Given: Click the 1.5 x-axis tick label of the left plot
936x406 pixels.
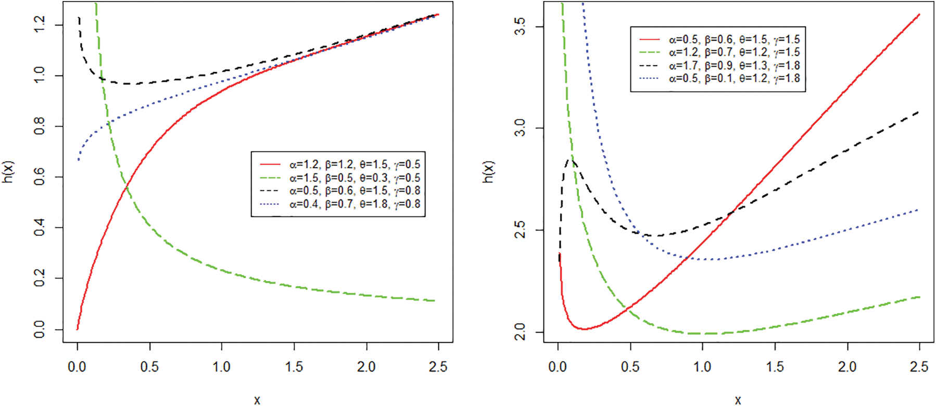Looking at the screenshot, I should tap(294, 367).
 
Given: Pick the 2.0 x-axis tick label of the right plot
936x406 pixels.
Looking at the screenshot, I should tap(847, 367).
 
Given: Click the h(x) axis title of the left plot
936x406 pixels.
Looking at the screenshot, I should tap(9, 172).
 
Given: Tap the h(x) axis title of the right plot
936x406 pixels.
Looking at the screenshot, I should tap(489, 172).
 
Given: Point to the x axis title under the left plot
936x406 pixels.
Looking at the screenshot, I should tap(257, 399).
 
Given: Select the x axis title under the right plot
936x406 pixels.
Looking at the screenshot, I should tap(738, 399).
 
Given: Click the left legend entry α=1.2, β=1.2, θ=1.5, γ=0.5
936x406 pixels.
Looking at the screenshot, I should tap(355, 164).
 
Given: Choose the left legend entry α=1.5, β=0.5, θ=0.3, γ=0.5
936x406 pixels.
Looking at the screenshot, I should tap(355, 178).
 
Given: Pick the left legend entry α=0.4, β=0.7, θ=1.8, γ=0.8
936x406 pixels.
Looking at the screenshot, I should tap(355, 204).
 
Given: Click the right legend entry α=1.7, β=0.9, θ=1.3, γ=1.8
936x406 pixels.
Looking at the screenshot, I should tap(734, 66).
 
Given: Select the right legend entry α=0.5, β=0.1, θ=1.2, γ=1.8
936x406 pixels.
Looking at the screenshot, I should tap(734, 79).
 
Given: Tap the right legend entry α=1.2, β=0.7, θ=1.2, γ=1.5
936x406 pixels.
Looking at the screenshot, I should tap(734, 52).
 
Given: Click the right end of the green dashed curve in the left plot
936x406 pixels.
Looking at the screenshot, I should tap(434, 301).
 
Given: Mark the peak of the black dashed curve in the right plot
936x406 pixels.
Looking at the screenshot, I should tap(570, 161).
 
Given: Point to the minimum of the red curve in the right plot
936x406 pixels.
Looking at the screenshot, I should tap(584, 329).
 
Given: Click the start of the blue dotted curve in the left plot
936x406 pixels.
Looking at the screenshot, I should tap(78, 159).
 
